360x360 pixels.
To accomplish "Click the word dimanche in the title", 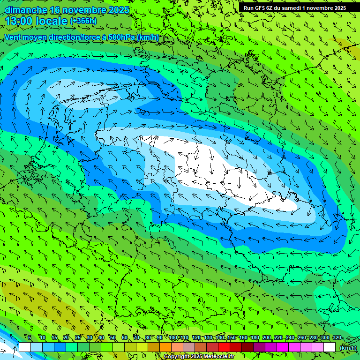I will pyautogui.click(x=26, y=10).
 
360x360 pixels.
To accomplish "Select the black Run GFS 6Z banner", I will pyautogui.click(x=294, y=7).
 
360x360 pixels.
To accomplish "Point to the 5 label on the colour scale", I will pyautogui.click(x=30, y=337).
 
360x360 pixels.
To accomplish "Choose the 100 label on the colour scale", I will pyautogui.click(x=173, y=337).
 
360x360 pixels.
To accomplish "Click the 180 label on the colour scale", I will pyautogui.click(x=255, y=337).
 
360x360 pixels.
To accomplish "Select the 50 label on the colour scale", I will pyautogui.click(x=112, y=337).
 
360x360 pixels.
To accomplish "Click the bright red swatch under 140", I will pyautogui.click(x=224, y=347).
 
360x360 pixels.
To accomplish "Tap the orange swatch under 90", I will pyautogui.click(x=165, y=347).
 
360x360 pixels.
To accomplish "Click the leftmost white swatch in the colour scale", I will pyautogui.click(x=25, y=347).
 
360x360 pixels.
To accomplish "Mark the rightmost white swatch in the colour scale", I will pyautogui.click(x=330, y=347).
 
